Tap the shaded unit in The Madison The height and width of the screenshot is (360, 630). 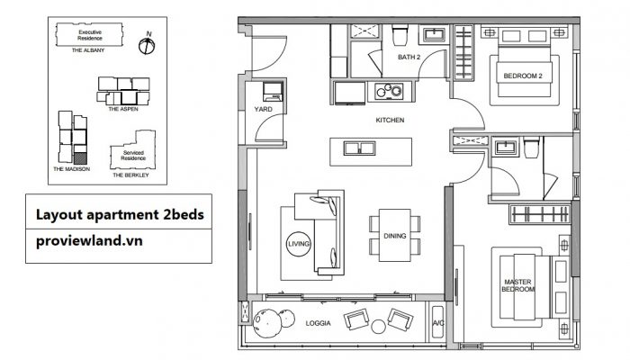point(80,157)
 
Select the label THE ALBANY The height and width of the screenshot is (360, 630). point(88,50)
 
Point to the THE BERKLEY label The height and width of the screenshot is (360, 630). point(130,175)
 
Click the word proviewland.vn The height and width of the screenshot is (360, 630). point(89,241)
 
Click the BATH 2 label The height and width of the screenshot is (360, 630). point(409,57)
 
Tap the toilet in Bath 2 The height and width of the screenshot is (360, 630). point(400,35)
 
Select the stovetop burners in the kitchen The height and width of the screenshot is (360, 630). point(389,91)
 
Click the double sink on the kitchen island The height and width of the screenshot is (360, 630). point(360,148)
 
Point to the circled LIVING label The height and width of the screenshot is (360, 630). point(299,244)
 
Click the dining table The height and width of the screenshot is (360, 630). point(394,236)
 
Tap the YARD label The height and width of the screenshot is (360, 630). point(263,109)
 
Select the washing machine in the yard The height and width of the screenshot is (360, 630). point(273,92)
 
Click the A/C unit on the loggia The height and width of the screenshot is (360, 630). point(437,323)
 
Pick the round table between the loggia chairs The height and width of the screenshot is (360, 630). point(379,327)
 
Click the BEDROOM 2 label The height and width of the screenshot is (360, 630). point(523,76)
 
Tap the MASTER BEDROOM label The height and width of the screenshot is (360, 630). point(517,285)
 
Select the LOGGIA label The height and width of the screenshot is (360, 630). point(319,323)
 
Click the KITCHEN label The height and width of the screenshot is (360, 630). point(390,120)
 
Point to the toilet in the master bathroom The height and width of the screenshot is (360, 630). point(531,147)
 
